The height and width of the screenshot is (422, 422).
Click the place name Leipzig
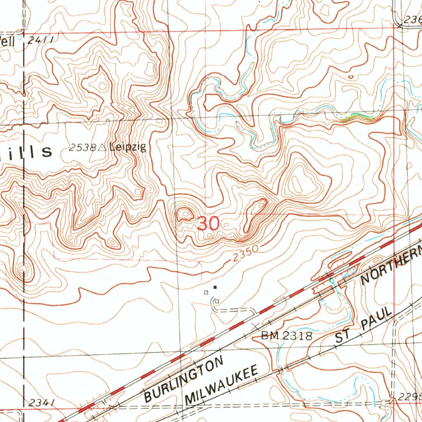click(x=128, y=147)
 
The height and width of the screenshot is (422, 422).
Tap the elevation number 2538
click(x=82, y=148)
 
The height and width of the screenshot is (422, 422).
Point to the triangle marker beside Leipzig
click(x=102, y=147)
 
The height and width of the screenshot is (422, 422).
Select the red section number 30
click(x=209, y=224)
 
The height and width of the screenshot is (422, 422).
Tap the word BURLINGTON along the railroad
click(x=184, y=380)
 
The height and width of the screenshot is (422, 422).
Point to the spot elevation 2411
click(x=41, y=40)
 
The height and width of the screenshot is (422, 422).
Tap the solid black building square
click(x=215, y=287)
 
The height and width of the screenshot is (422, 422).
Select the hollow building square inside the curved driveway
click(x=216, y=302)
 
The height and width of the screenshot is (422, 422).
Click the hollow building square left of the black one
click(x=206, y=292)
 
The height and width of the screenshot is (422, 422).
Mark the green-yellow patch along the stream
click(x=357, y=118)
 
